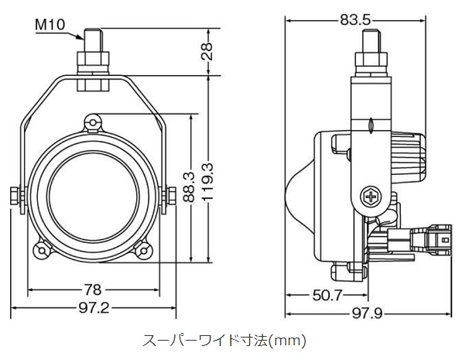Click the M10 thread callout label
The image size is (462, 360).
[50, 25]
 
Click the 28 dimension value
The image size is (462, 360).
[207, 51]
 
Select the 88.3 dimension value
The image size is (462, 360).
[190, 187]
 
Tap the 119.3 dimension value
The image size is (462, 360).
[207, 182]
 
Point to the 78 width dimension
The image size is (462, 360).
[93, 290]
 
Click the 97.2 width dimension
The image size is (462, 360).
[94, 308]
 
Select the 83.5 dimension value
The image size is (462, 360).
[355, 20]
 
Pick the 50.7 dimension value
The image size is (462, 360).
[327, 295]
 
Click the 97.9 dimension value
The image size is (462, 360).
[368, 314]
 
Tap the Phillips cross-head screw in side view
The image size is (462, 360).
[371, 196]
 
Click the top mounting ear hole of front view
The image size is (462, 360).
[93, 122]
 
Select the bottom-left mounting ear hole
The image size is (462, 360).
[42, 251]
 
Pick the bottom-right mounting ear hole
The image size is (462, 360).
[143, 251]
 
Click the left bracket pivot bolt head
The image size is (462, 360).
[15, 196]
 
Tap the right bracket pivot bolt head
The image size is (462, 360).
[171, 196]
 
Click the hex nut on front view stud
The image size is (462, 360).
[93, 60]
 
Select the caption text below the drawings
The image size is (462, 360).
[224, 341]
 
